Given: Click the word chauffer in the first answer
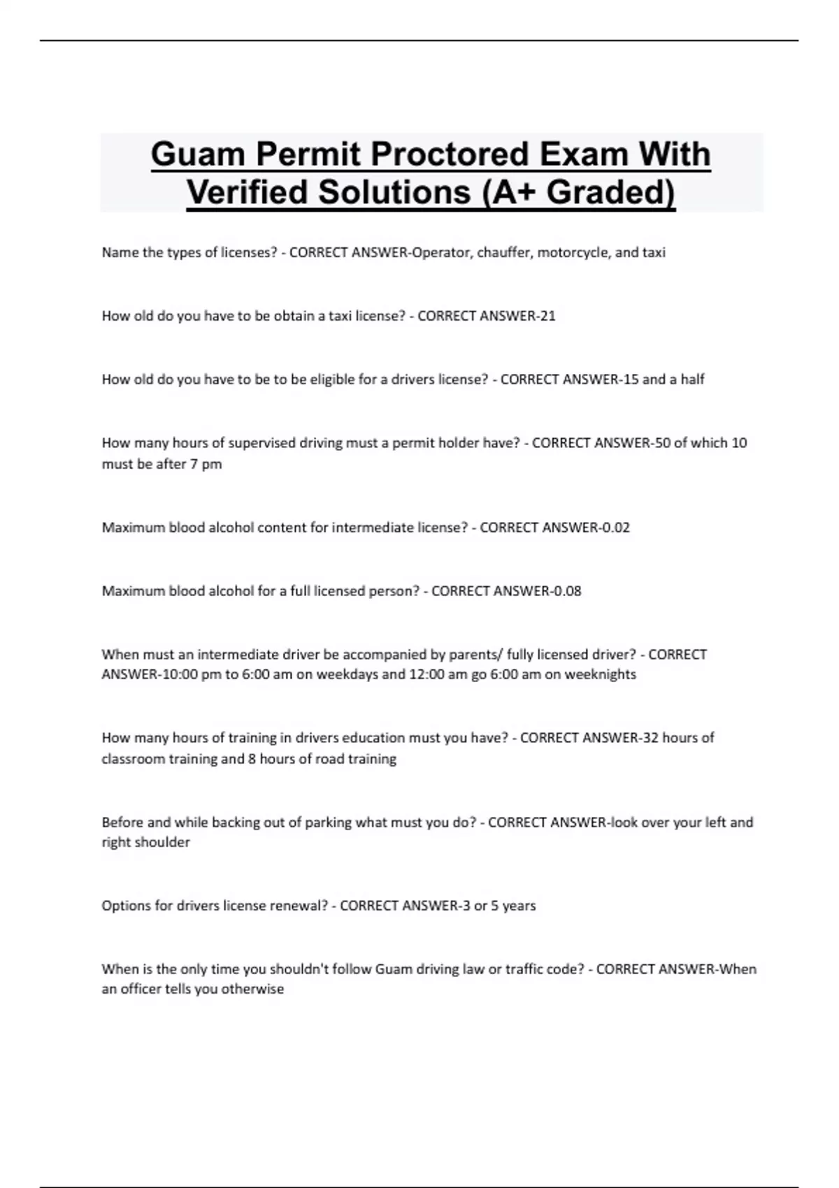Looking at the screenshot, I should tap(503, 252).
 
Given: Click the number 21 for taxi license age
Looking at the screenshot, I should tap(547, 316).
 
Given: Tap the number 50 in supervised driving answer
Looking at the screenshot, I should tap(661, 443).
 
